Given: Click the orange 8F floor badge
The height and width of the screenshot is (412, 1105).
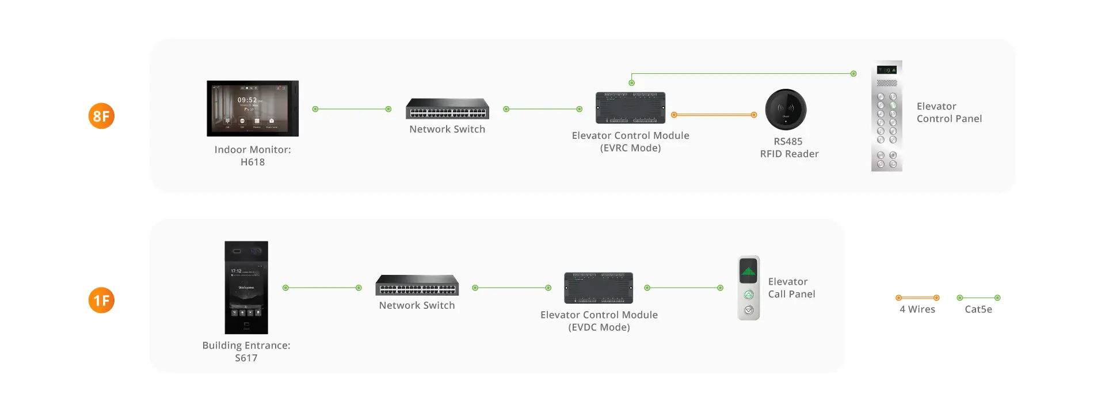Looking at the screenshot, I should (x=101, y=116).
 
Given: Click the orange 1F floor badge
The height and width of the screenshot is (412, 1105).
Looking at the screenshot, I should (x=101, y=300).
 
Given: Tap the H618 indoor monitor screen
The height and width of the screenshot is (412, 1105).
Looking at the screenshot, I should (x=253, y=108).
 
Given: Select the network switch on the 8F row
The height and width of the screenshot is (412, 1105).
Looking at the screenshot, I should (x=447, y=109).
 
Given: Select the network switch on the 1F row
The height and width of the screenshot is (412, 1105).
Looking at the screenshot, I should (x=417, y=285).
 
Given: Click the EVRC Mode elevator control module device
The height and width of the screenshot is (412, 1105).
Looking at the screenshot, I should (x=630, y=108).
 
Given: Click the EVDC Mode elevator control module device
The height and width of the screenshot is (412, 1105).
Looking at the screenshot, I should (x=599, y=288).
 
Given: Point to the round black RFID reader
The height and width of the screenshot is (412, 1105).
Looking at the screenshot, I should (x=786, y=109).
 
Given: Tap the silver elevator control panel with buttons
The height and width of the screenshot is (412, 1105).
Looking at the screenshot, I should (x=887, y=116).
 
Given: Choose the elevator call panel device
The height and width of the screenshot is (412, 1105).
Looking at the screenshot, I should (x=749, y=288).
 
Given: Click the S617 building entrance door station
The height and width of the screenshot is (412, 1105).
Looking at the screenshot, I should (x=246, y=288).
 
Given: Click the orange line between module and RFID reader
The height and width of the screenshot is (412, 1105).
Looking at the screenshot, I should (x=714, y=115).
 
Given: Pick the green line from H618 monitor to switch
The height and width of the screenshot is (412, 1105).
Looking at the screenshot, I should (x=352, y=109).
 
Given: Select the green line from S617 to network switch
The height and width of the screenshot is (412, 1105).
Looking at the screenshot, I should (x=322, y=288).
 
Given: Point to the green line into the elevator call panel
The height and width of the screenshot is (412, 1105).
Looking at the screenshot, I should (x=684, y=288).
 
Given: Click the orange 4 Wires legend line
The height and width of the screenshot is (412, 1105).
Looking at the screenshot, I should (x=917, y=298).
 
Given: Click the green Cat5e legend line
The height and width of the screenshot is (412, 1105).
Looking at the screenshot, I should (x=978, y=298).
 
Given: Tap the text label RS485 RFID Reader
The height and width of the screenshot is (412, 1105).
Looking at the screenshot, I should (x=789, y=148).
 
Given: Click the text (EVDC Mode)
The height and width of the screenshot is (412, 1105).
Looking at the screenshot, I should (x=599, y=327).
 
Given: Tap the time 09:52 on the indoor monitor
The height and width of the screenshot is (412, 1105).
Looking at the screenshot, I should (x=247, y=100).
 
